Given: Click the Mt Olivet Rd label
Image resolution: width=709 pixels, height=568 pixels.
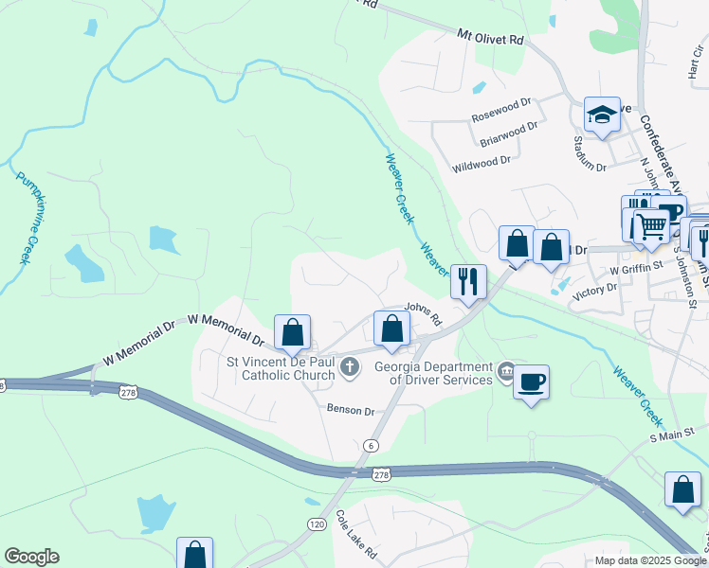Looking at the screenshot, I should pos(490,38).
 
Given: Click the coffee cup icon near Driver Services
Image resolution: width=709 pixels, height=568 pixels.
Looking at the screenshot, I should pos(531,382).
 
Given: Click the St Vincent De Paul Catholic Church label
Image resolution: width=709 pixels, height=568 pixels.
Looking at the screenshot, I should pos(281,368).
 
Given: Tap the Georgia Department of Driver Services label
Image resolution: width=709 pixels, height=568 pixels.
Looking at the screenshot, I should pos(445,373).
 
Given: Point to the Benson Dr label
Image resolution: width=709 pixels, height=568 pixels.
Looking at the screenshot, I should pos(351,411).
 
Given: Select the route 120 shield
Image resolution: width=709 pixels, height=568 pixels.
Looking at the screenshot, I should pos(317,524).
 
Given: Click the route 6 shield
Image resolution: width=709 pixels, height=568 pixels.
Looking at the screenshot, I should pos(370,446).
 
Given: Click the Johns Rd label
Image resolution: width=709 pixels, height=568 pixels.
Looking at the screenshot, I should pos(423,313).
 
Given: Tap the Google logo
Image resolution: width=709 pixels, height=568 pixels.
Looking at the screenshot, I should pos(31,557).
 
